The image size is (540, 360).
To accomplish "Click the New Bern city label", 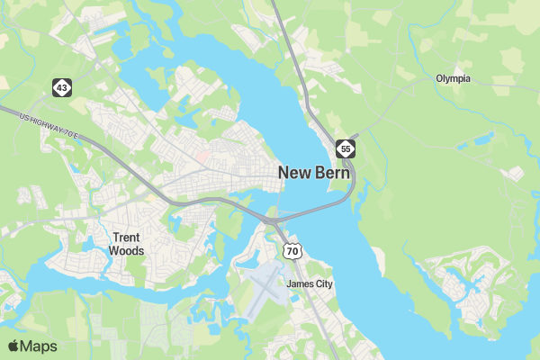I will pyautogui.click(x=313, y=173).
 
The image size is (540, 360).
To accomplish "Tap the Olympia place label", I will pyautogui.click(x=453, y=78).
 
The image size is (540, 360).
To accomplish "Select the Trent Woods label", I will pyautogui.click(x=126, y=244).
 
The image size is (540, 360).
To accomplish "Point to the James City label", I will pyautogui.click(x=310, y=284).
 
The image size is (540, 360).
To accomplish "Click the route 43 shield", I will pyautogui.click(x=60, y=87).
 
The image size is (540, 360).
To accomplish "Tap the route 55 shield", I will pyautogui.click(x=345, y=148).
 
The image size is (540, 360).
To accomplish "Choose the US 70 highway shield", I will pyautogui.click(x=290, y=250).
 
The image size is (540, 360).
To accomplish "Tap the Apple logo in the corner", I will pyautogui.click(x=13, y=346).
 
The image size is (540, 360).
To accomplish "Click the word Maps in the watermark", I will pyautogui.click(x=38, y=346).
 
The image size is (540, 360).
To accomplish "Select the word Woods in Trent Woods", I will pyautogui.click(x=126, y=251).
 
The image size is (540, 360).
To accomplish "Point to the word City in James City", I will pyautogui.click(x=322, y=284).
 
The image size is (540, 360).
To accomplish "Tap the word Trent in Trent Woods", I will pyautogui.click(x=126, y=238).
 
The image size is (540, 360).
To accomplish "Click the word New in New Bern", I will pyautogui.click(x=294, y=173).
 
